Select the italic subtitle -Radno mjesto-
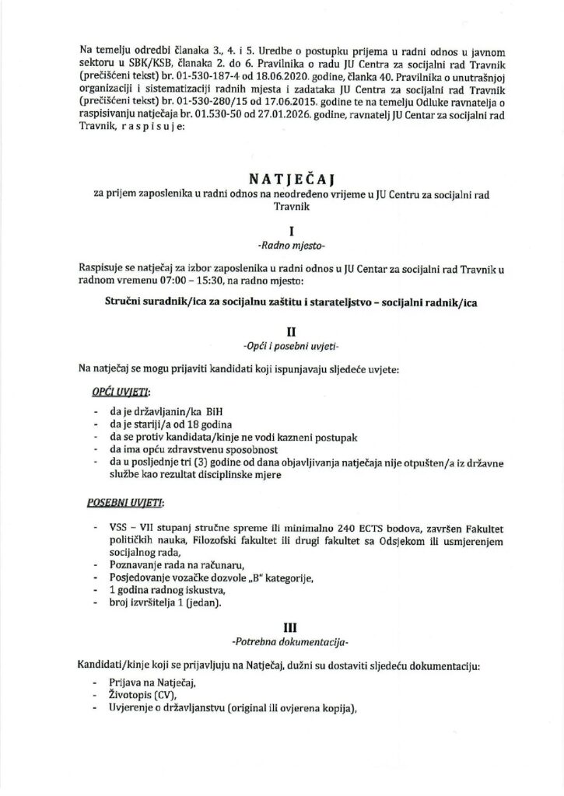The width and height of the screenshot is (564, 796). (282, 246)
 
